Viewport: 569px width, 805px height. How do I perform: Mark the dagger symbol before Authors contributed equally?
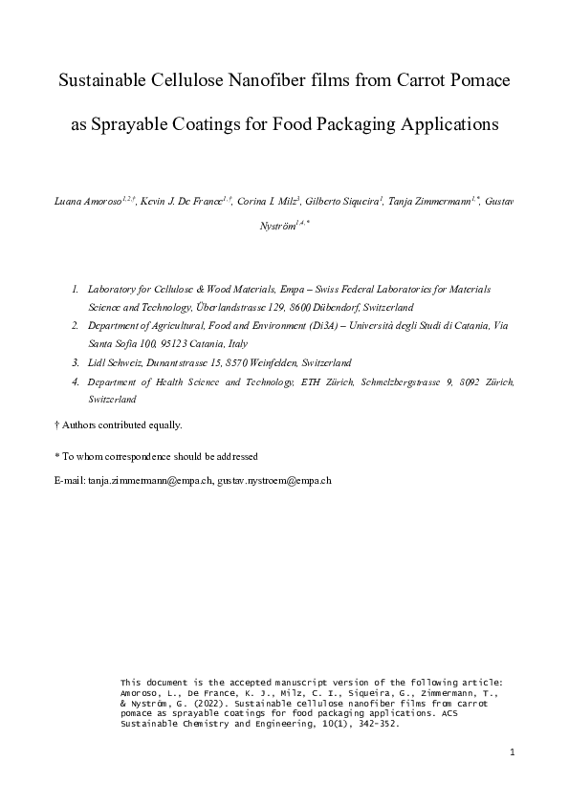[x=57, y=424]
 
